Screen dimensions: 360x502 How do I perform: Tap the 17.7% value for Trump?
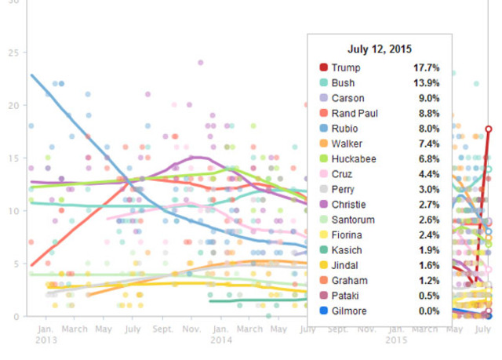click(427, 68)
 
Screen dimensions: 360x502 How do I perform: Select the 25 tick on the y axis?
click(12, 53)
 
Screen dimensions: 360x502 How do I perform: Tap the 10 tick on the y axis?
click(12, 211)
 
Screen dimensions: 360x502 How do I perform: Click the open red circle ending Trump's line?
click(488, 129)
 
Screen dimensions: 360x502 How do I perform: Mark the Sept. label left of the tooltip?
click(162, 330)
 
